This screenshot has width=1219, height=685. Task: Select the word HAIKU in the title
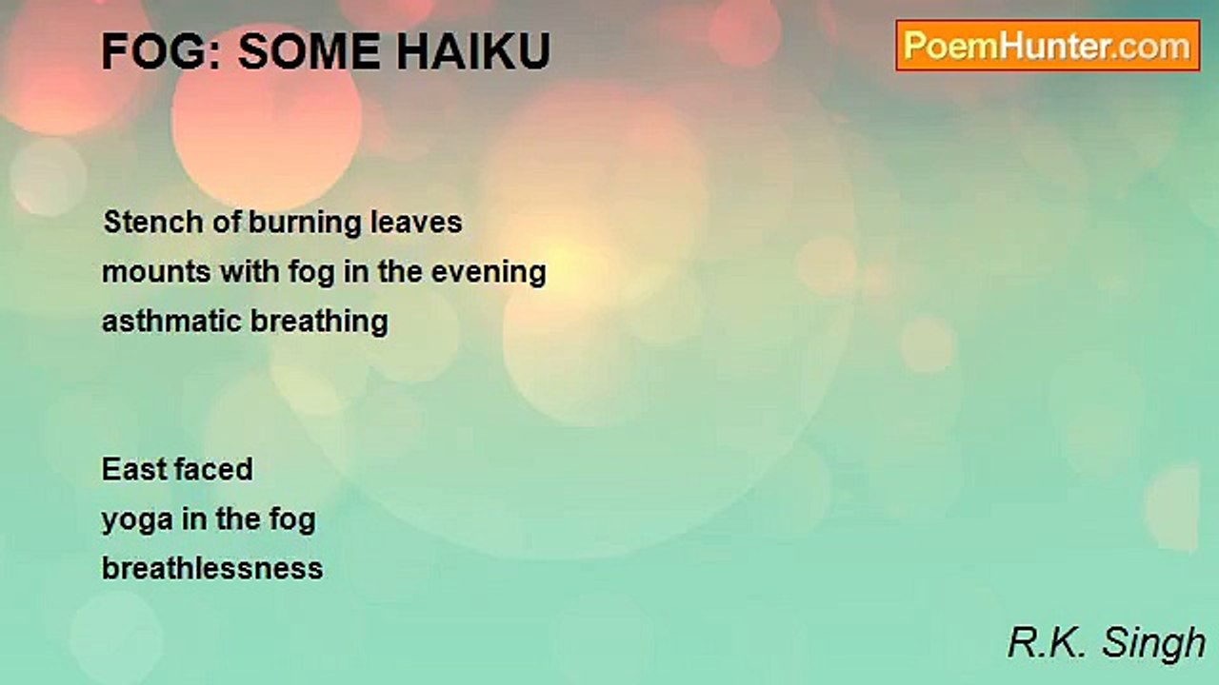tap(473, 51)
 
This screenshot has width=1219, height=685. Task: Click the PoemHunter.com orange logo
tap(1048, 46)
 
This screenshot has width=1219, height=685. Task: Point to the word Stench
tap(153, 222)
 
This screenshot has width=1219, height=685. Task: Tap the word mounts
tap(156, 272)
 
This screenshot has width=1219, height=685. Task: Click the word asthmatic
tap(171, 321)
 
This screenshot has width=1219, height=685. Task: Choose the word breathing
tap(319, 322)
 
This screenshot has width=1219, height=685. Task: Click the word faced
tap(216, 469)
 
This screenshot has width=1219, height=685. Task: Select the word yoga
tap(138, 520)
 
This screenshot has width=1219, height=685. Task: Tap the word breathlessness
tap(212, 568)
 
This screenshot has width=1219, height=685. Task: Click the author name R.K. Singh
tap(1107, 643)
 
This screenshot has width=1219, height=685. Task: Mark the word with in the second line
tap(250, 271)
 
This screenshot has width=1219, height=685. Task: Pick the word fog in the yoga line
tap(292, 520)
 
